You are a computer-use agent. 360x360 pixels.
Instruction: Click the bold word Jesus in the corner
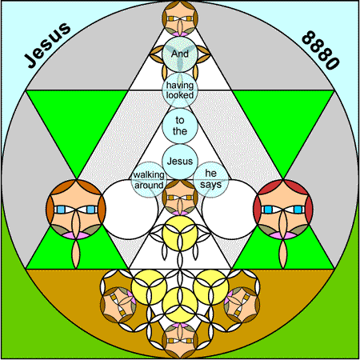(x=47, y=45)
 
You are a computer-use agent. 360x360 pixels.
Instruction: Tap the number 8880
(x=321, y=50)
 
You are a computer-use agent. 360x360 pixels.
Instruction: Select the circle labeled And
(x=180, y=54)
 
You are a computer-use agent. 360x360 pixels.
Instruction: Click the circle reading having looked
(x=180, y=90)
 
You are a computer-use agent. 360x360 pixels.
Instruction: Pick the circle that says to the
(x=180, y=126)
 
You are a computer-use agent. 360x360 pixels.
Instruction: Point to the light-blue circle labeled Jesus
(x=180, y=162)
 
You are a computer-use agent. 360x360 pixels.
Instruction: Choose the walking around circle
(x=149, y=179)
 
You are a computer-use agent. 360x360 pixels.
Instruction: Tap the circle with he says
(x=211, y=179)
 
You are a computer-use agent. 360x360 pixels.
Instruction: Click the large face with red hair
(x=283, y=210)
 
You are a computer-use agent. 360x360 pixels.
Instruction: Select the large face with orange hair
(x=76, y=210)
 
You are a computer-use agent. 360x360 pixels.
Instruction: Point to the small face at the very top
(x=180, y=18)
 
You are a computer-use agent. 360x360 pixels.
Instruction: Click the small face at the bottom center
(x=180, y=341)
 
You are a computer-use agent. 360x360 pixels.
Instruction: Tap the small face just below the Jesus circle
(x=180, y=198)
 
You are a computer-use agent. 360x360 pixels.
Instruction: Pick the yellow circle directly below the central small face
(x=180, y=234)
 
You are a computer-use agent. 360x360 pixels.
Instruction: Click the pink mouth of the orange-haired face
(x=76, y=235)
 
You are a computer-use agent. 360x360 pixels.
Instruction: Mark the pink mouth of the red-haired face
(x=283, y=235)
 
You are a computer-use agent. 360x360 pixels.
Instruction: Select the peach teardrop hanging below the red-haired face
(x=283, y=254)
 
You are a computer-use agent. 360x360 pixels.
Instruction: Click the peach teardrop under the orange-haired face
(x=76, y=254)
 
